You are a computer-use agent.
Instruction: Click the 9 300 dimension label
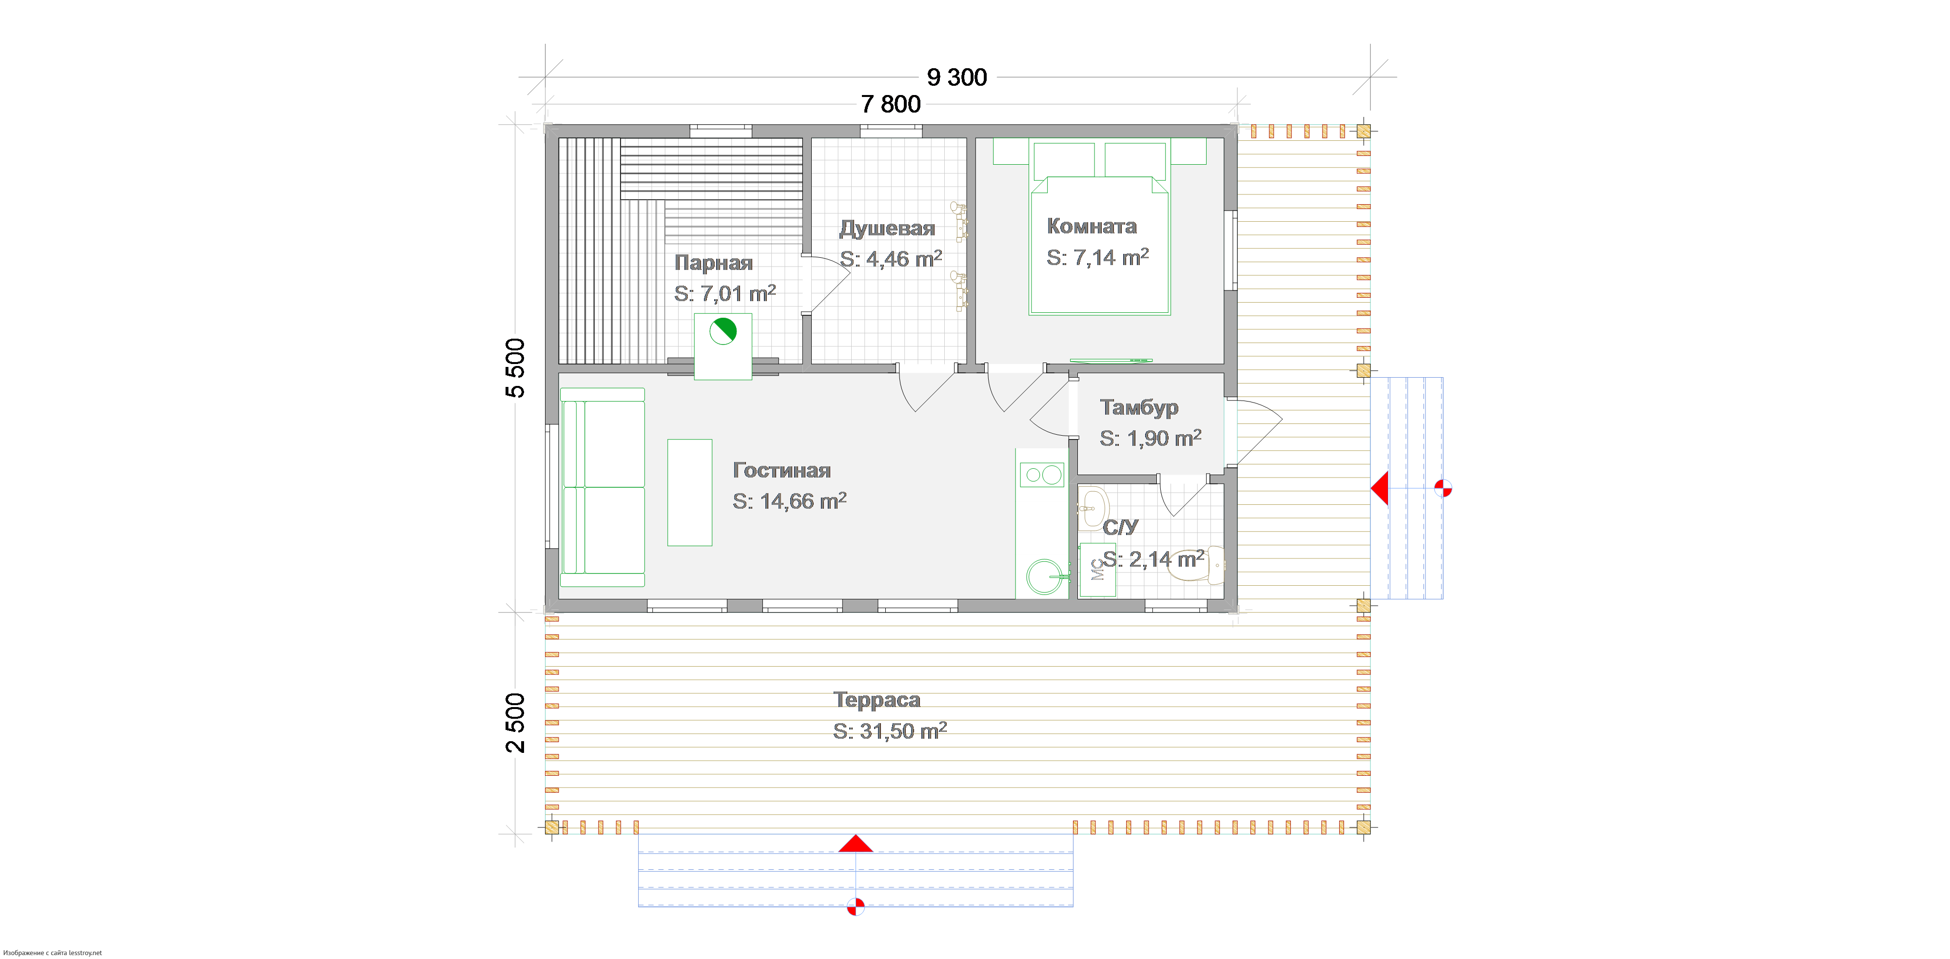[x=957, y=77]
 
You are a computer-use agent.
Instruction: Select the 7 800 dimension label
[x=891, y=104]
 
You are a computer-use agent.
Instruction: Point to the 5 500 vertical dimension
[x=515, y=368]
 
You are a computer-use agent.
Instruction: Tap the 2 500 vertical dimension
[x=515, y=723]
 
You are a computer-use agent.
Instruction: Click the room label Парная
[x=714, y=263]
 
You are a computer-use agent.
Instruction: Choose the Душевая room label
[x=887, y=228]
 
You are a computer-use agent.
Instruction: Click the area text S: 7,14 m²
[x=1098, y=257]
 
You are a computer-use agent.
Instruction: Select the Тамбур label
[x=1139, y=407]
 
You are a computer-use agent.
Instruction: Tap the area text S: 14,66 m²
[x=790, y=500]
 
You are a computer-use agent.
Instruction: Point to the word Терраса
[x=877, y=699]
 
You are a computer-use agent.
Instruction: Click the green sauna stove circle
[x=723, y=331]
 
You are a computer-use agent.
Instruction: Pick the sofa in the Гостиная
[x=603, y=487]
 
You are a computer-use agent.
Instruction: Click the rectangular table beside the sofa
[x=690, y=493]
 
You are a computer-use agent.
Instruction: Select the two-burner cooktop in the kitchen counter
[x=1042, y=475]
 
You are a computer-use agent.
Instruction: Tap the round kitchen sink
[x=1045, y=577]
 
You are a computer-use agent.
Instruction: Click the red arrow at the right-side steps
[x=1380, y=488]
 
